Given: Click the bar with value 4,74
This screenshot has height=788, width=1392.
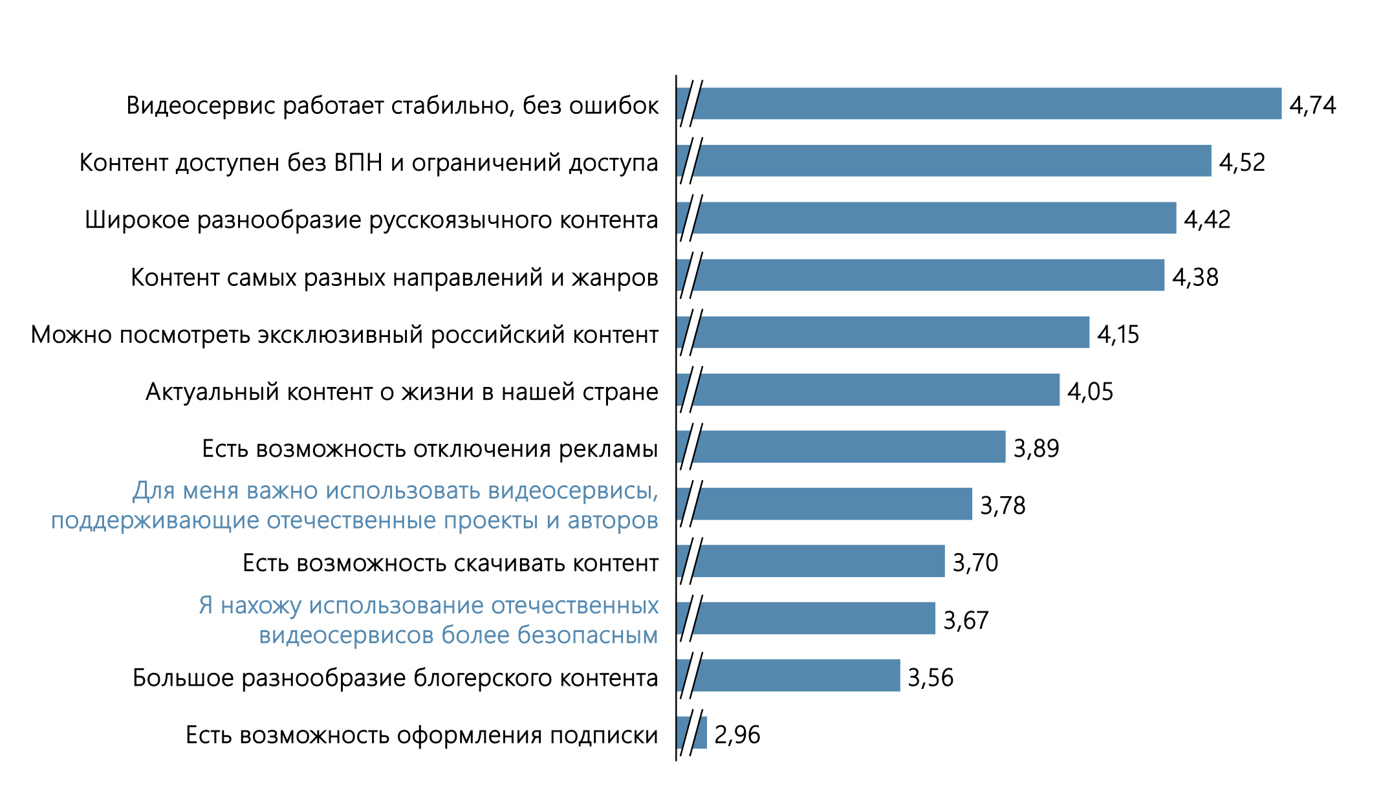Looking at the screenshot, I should coord(983,104).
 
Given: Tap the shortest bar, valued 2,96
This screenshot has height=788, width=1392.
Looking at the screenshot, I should coord(700,733).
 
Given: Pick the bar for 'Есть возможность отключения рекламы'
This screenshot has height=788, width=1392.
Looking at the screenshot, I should coord(847,447).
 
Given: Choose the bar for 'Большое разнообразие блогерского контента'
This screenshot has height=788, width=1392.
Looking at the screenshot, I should coord(796,676).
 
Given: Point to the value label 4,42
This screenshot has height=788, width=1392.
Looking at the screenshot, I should coord(1207,219).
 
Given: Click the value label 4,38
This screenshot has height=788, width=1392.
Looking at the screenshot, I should coord(1195,277).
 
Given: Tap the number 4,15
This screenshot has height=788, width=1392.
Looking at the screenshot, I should coord(1118,334).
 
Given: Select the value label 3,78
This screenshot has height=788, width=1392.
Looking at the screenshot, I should coord(1003,505).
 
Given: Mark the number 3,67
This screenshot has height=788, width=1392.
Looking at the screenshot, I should coord(966,620).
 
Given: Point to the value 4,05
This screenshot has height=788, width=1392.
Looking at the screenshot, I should coord(1090,391).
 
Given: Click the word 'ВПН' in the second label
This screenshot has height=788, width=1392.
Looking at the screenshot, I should coord(358,162).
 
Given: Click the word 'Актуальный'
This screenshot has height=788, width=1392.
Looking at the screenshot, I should coord(212,392).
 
